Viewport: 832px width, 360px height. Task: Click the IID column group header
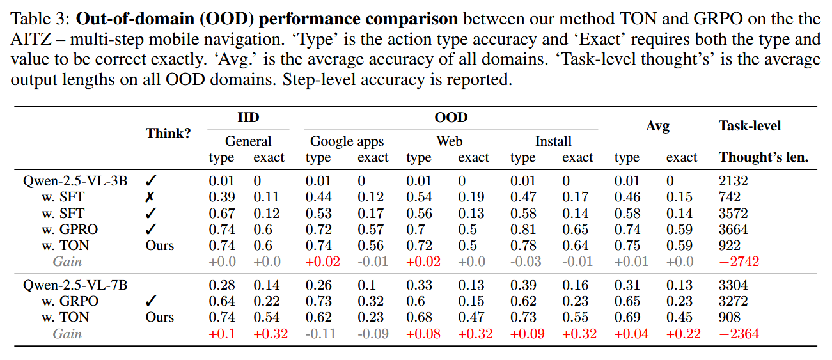248,118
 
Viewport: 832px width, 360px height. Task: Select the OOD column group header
451,118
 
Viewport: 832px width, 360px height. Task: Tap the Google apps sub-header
347,141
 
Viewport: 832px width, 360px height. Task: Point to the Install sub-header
553,141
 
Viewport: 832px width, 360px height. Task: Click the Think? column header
168,134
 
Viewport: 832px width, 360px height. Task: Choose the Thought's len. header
764,157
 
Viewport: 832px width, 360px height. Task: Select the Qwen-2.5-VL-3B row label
75,181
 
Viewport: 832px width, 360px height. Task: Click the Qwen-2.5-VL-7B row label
75,285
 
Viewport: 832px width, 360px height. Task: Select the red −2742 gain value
739,262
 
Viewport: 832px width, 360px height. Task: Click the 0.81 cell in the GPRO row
522,230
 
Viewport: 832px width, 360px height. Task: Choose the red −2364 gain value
739,334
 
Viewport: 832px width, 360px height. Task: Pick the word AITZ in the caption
29,39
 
